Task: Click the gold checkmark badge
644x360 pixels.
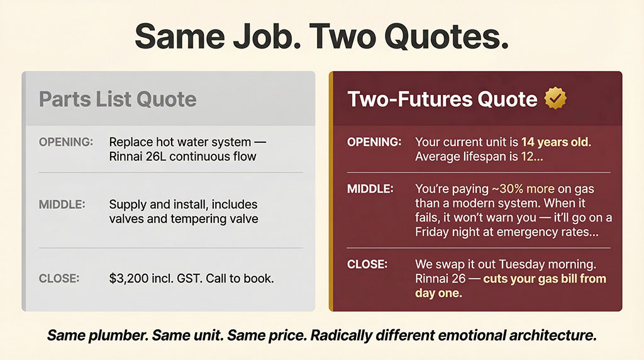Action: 555,98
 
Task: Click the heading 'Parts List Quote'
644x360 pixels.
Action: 118,99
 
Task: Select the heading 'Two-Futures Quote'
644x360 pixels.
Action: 442,99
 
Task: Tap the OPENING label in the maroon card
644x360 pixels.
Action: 374,142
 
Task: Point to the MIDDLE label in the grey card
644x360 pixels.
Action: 62,205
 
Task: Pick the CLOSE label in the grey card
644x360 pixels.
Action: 58,278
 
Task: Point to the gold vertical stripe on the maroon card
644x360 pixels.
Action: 331,191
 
